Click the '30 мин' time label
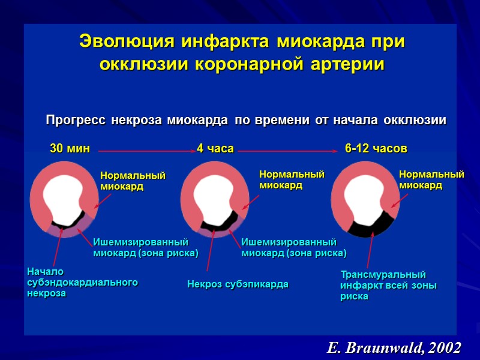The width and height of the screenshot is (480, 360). [x=69, y=148]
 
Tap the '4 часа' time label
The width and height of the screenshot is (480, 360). [x=215, y=148]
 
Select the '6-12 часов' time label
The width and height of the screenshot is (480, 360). [x=376, y=148]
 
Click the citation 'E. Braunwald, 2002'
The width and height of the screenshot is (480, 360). [x=394, y=347]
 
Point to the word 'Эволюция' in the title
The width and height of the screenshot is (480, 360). [x=123, y=43]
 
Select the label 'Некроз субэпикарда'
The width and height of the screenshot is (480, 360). [x=238, y=284]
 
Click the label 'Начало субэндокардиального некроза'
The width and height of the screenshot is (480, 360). [x=82, y=283]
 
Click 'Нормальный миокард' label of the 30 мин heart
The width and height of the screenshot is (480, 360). [x=132, y=181]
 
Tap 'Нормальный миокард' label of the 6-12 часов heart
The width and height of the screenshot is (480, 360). [x=431, y=179]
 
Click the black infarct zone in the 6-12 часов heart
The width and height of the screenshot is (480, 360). [x=372, y=225]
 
